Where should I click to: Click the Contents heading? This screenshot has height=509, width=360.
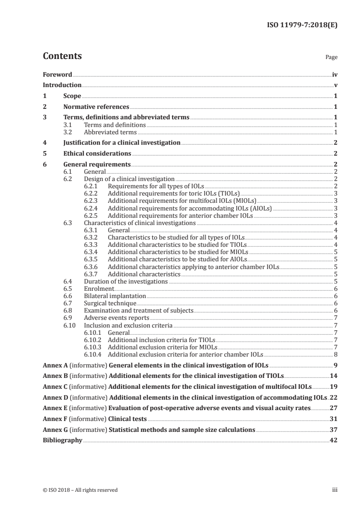coord(62,57)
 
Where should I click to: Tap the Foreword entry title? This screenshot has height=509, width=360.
coord(57,74)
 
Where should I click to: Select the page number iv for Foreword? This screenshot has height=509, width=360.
coord(335,74)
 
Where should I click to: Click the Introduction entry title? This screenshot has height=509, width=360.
coord(62,85)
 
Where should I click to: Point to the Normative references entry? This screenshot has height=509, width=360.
coord(96,107)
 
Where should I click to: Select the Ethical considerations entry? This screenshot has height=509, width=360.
coord(97,153)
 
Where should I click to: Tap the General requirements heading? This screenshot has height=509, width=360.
coord(97,164)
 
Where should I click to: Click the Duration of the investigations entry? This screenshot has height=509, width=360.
coord(126,281)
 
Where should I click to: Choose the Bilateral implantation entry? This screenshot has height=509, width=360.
coord(115,296)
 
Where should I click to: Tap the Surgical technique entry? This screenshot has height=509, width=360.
coord(110,303)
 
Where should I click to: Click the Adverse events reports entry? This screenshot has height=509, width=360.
coord(117,318)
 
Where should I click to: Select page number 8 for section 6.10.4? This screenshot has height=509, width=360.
coord(335,354)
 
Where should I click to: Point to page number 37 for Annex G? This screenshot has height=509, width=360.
coord(333,429)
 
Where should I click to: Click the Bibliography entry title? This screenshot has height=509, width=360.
coord(62,440)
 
